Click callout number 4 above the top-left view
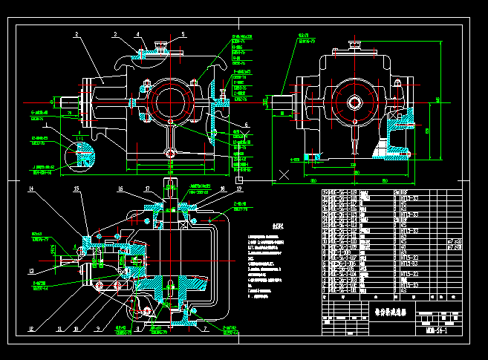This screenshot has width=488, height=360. coord(137,34)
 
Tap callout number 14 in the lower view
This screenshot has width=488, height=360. coord(31,190)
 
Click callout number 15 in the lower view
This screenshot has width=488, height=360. coord(76,190)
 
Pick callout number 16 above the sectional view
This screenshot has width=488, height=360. coord(120,189)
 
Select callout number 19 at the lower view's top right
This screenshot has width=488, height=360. coord(221,189)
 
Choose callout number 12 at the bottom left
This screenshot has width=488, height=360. coord(31,327)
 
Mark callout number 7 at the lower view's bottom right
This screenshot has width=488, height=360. coord(205,327)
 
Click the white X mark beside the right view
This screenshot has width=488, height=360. coord(283,175)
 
